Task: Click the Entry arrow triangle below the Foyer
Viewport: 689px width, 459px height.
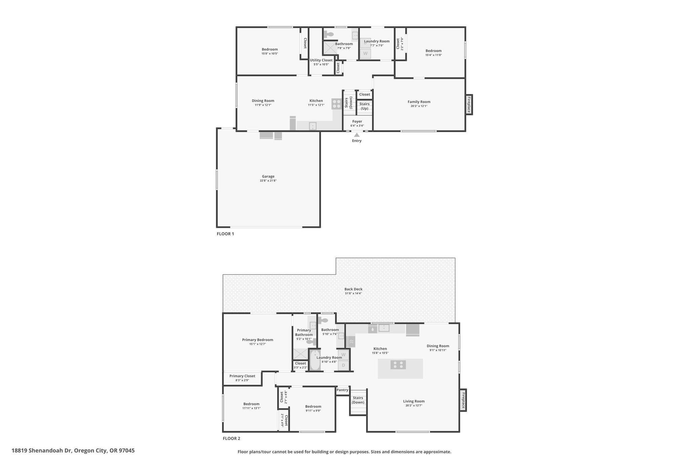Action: pos(357,135)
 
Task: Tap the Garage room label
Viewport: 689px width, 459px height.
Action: pos(268,176)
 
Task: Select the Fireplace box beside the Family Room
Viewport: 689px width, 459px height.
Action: pos(469,105)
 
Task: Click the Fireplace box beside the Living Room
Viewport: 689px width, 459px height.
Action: pos(463,400)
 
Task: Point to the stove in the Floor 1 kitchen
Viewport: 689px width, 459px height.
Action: pos(336,104)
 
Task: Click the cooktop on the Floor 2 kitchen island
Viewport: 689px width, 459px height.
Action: pos(398,365)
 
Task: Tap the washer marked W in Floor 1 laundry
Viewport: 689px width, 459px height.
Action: pos(365,53)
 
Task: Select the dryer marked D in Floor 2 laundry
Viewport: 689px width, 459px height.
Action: pos(343,365)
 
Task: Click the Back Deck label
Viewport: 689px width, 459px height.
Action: pos(353,289)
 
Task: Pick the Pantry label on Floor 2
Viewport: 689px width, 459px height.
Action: pos(342,390)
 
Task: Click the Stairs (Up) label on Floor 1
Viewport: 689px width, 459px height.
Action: pos(364,106)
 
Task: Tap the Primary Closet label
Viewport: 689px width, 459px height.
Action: pos(242,376)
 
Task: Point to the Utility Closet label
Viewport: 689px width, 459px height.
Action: pos(321,60)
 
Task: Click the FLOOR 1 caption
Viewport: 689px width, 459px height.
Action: pos(225,234)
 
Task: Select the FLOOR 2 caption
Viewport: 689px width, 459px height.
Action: pos(231,438)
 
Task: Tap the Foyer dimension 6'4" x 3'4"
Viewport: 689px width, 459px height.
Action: pos(357,126)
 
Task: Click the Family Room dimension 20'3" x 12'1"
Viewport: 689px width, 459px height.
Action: pos(419,106)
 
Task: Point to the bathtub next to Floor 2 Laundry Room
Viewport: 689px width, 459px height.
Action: pos(315,360)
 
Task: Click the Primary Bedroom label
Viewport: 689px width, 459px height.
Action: pos(258,340)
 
